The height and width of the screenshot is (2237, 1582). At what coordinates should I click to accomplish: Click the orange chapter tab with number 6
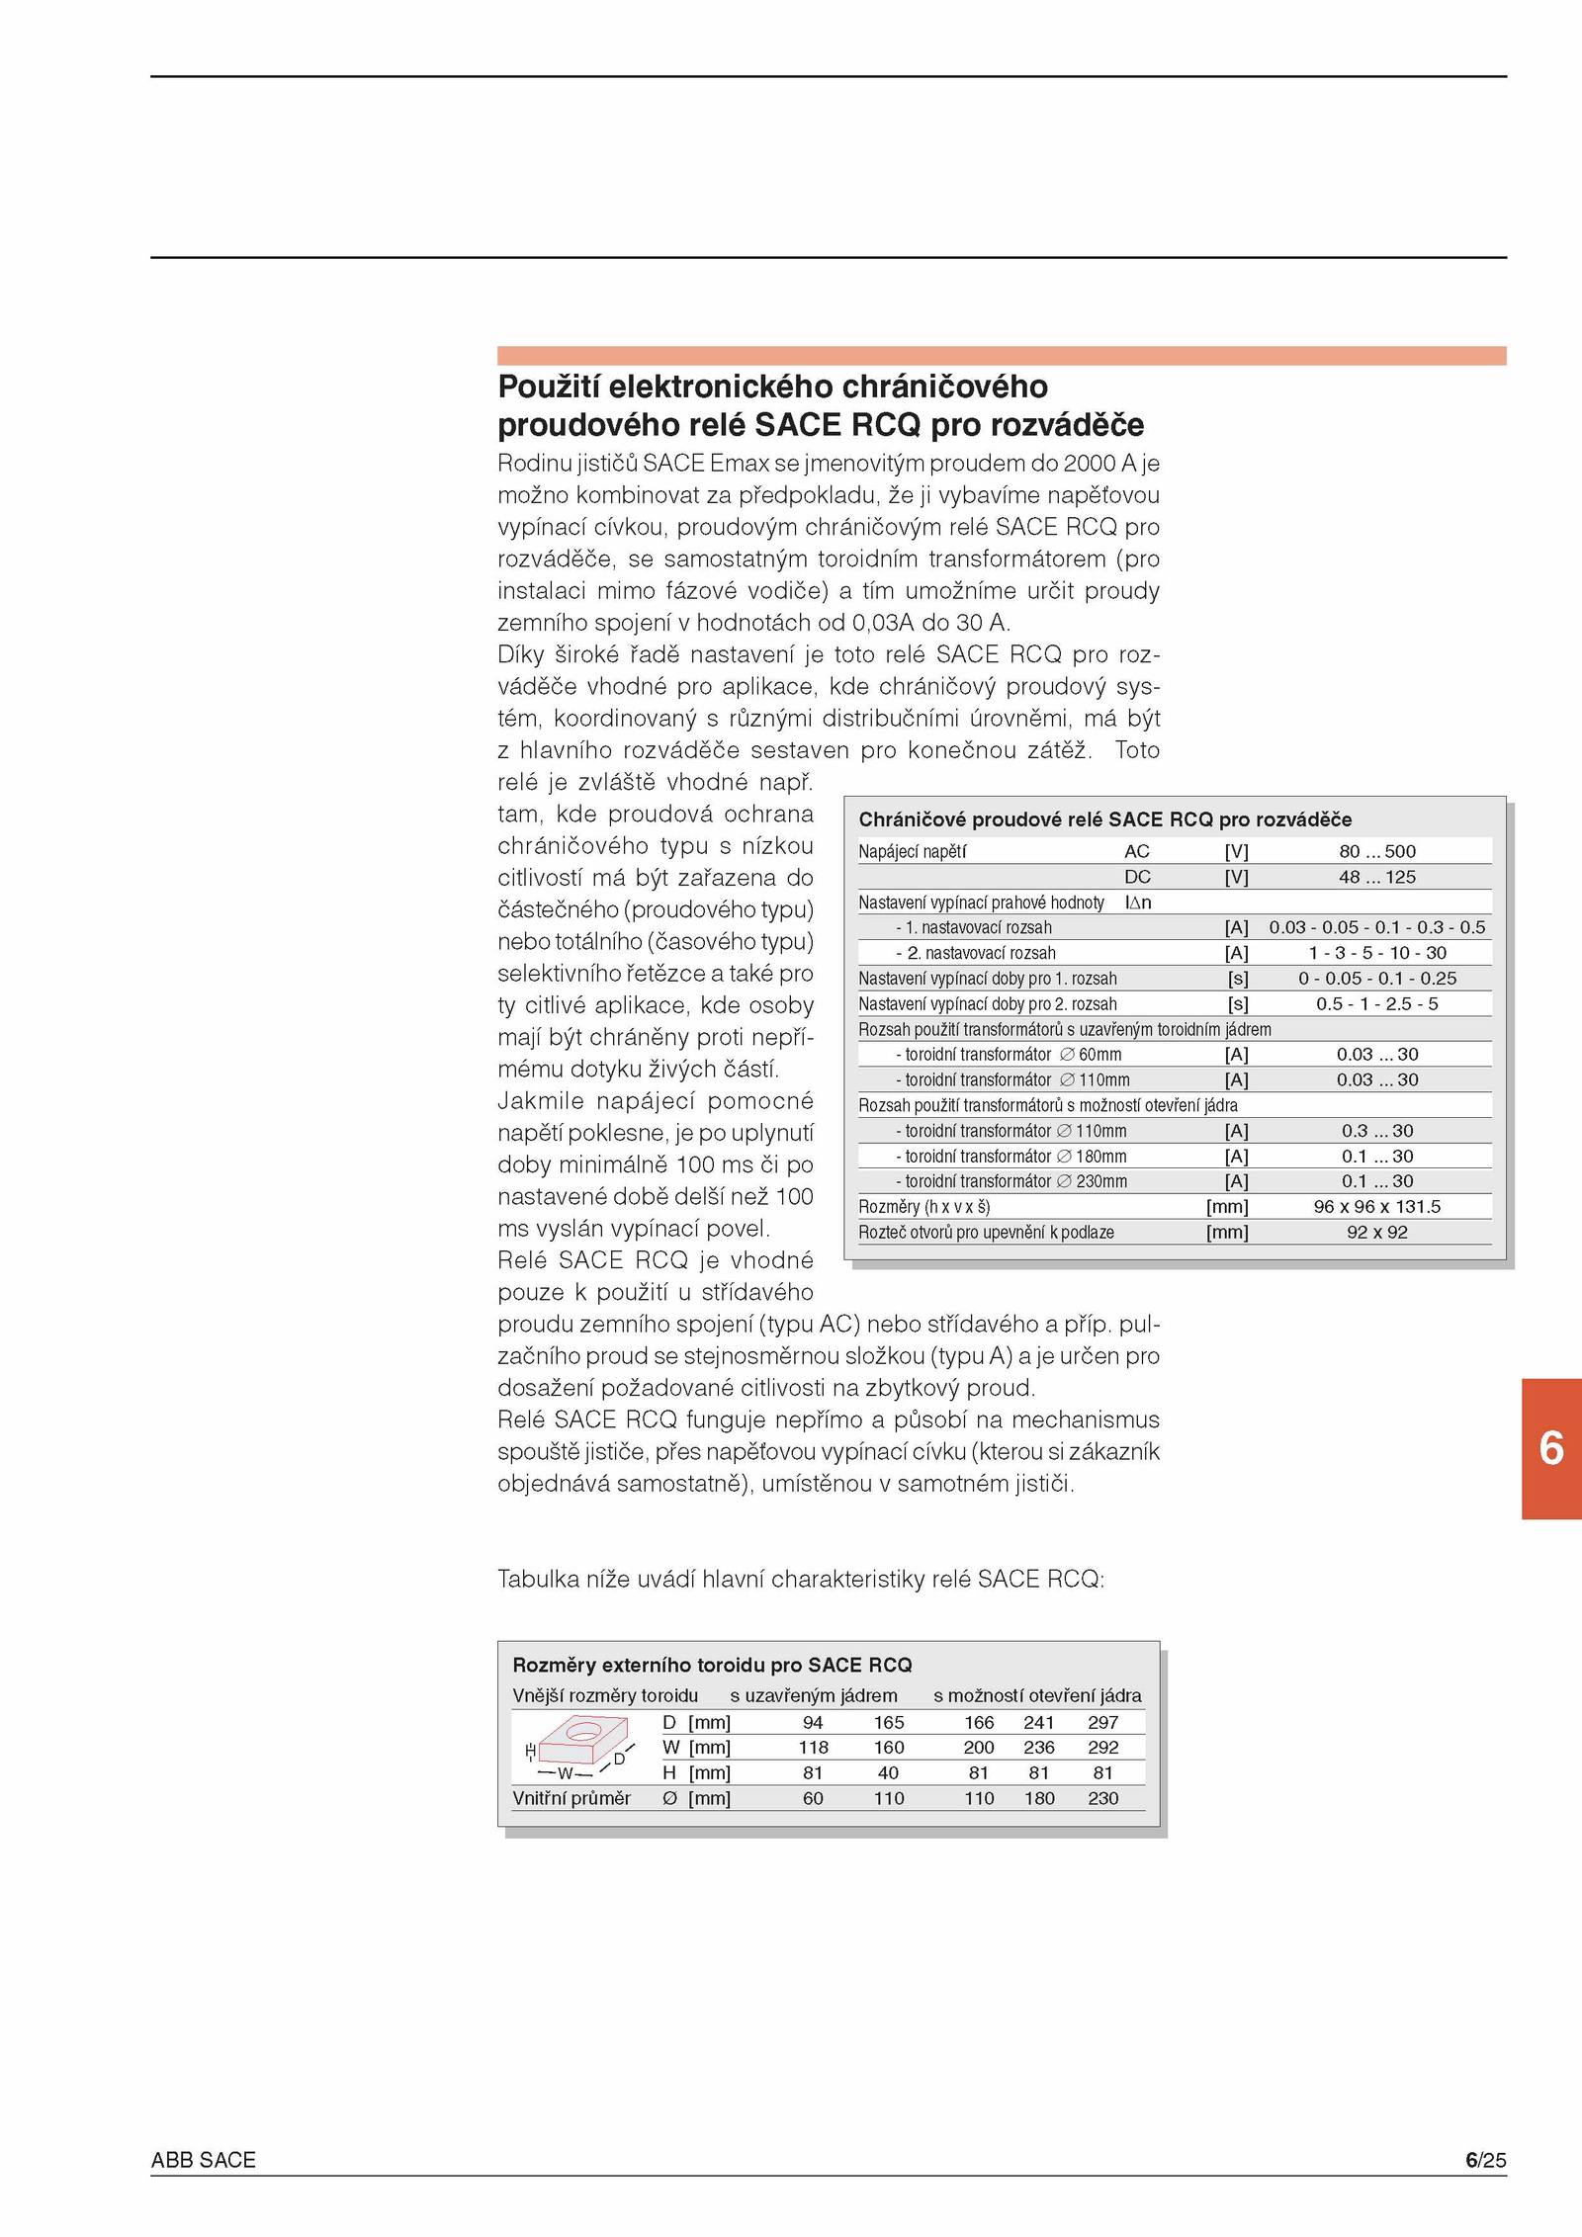(1551, 1449)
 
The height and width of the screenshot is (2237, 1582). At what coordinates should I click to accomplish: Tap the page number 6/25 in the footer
(1485, 2160)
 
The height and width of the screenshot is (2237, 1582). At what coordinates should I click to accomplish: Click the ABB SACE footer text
(203, 2160)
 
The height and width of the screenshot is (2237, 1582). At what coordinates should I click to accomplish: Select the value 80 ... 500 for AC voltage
(1376, 851)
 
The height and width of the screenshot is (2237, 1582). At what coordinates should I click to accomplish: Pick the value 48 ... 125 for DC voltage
(1376, 877)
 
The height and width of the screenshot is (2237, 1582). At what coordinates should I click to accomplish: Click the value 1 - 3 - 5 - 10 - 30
(1376, 953)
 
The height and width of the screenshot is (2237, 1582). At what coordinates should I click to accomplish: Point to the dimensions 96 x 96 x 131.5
(1376, 1207)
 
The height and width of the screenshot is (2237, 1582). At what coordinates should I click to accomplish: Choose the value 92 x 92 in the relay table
(1376, 1233)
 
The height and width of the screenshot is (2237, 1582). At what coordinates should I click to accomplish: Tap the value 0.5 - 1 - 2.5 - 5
(1376, 1004)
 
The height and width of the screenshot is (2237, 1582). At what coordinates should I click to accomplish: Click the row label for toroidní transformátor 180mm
(1011, 1157)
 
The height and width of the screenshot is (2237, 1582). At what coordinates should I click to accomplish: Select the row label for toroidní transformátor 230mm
(1011, 1181)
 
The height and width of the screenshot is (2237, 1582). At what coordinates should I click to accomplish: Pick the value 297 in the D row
(1102, 1723)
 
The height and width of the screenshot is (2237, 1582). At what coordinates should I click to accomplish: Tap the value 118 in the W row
(813, 1748)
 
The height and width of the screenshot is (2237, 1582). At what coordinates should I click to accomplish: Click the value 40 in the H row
(888, 1773)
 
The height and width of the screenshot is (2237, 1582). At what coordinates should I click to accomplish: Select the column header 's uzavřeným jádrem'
(813, 1696)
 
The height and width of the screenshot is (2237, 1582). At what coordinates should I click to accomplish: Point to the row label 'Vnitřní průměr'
(571, 1799)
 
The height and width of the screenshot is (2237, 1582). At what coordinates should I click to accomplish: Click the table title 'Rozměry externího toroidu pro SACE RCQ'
(712, 1666)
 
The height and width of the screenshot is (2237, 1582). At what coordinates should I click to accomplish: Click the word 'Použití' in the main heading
(548, 387)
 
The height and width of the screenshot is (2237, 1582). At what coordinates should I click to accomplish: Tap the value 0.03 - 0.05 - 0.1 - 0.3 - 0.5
(1376, 927)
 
